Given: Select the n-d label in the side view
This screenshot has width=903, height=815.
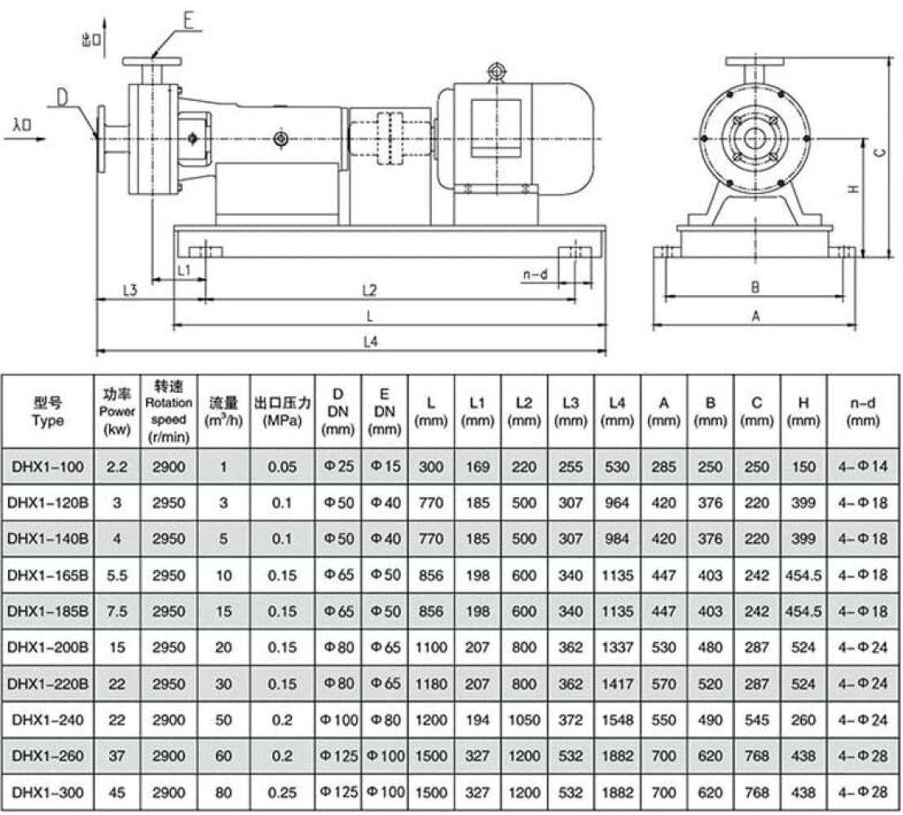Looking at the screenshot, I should coord(533,275).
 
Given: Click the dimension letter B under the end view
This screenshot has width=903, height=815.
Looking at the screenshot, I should coord(755,287).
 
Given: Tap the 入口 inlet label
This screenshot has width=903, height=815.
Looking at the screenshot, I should coord(23,125).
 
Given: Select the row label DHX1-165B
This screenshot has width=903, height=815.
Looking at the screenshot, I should coord(46,575).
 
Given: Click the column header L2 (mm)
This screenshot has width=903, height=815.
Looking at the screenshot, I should coord(525,410).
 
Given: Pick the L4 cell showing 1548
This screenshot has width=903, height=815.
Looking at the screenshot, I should coord(618,721).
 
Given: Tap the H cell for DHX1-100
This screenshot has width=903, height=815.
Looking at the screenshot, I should coord(804,467).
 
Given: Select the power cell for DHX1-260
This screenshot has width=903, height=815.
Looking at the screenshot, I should coord(117,757).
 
